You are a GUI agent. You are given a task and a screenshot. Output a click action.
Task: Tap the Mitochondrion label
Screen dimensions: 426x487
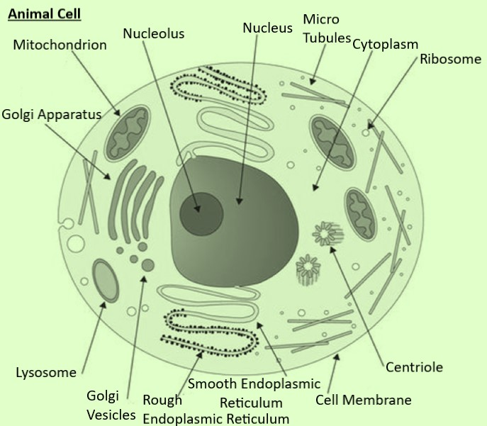point(60,45)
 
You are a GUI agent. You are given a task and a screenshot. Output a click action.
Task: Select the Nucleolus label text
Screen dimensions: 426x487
point(153,33)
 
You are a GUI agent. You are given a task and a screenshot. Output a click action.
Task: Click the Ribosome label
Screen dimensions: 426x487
point(450,59)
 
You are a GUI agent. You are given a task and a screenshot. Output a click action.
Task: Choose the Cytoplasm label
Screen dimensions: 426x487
point(385,45)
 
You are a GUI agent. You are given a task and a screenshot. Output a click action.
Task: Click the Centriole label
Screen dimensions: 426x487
point(414,366)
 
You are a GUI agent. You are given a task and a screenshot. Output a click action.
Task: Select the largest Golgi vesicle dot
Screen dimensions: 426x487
point(147,265)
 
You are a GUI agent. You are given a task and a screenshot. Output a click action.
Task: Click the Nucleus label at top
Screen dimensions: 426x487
point(267,28)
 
